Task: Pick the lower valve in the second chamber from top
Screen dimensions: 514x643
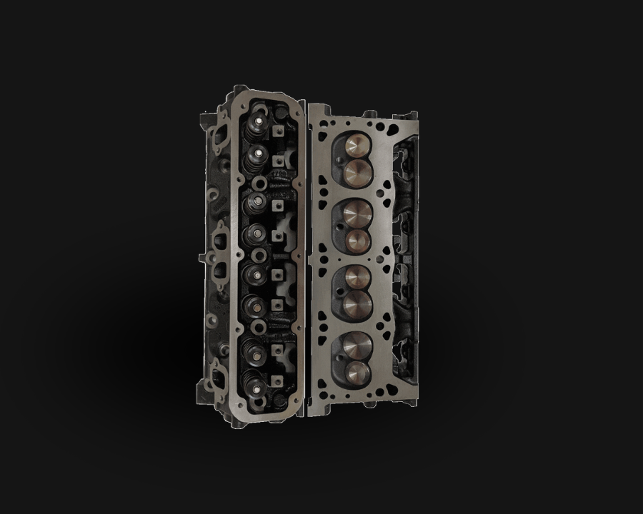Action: (356, 238)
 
